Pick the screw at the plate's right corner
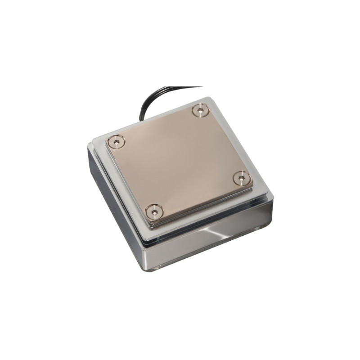pyautogui.click(x=242, y=178)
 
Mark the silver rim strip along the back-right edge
pyautogui.click(x=243, y=144)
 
